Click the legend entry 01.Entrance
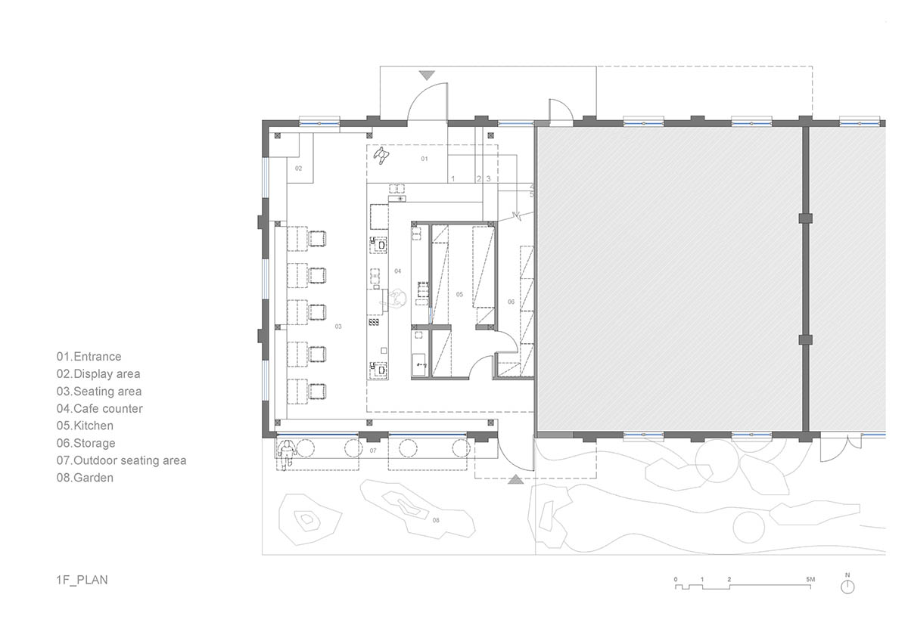point(89,356)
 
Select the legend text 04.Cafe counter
point(100,409)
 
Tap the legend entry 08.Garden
point(85,478)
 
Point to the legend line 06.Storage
point(86,443)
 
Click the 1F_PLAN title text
point(82,580)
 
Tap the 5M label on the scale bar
point(810,580)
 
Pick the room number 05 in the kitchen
point(459,294)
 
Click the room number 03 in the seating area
point(338,327)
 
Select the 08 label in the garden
point(436,520)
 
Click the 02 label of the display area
point(298,169)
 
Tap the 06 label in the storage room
point(512,302)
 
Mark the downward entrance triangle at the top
point(427,76)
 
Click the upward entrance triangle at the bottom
point(515,480)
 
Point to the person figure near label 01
point(381,156)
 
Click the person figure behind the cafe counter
point(396,299)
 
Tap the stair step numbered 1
point(453,178)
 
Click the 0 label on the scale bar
point(676,580)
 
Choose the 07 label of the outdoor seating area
point(373,451)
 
